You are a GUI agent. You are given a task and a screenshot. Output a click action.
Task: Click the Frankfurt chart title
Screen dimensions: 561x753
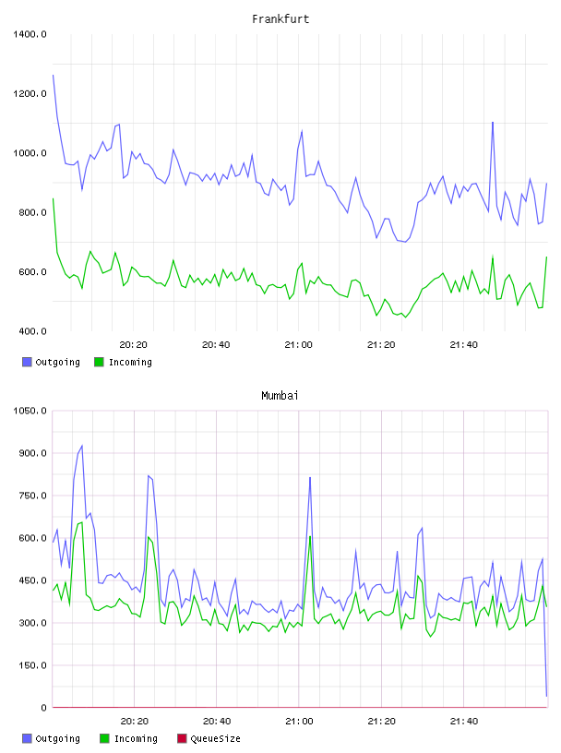click(280, 19)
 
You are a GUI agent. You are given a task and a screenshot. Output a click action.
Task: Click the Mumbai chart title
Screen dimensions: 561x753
click(280, 396)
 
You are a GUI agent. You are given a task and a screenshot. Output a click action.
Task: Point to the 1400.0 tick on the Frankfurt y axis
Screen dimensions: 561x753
click(30, 34)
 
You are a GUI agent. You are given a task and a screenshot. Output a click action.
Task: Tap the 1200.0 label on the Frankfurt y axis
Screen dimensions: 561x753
click(30, 93)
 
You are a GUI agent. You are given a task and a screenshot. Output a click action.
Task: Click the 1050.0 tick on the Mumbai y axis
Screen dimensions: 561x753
click(30, 411)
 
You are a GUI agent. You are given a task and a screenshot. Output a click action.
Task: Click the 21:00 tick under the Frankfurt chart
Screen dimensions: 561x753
click(298, 345)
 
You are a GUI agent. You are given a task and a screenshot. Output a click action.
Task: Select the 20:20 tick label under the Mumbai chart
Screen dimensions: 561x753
click(135, 722)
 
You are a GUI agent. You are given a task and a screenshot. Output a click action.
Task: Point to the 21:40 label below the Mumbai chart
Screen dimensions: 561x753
click(464, 722)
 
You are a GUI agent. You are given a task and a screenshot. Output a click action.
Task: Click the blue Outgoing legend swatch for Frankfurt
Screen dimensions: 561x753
click(27, 362)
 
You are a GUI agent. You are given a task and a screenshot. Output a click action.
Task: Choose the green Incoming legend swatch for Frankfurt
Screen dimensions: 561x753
click(99, 362)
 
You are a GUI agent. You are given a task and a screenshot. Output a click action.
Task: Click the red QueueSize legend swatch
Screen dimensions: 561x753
click(182, 738)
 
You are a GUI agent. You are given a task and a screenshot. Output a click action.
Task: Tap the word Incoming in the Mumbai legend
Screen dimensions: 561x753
click(136, 738)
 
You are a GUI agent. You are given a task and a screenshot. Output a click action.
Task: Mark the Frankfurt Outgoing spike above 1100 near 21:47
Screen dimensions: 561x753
click(493, 123)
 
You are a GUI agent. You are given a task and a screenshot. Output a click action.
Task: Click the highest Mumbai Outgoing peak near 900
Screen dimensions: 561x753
click(82, 446)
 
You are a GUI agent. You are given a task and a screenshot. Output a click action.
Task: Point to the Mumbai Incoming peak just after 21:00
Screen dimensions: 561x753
click(310, 536)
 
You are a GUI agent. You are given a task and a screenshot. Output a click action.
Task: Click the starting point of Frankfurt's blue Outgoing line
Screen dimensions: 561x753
click(54, 76)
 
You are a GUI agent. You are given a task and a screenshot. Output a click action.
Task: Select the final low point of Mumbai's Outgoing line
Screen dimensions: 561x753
click(546, 696)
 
